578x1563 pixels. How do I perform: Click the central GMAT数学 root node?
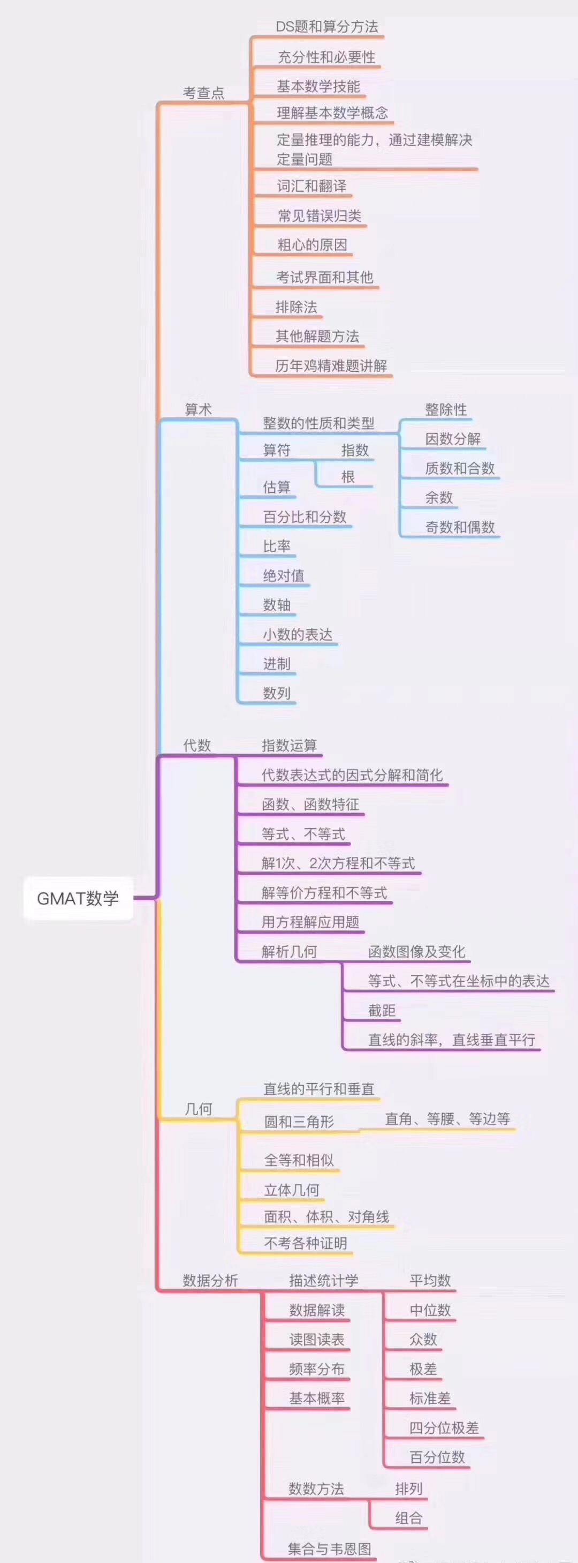[78, 898]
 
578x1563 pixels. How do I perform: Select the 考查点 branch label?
[204, 93]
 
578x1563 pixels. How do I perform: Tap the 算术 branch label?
[199, 410]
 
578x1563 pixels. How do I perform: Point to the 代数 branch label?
[197, 745]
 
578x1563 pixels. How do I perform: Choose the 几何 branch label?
[199, 1109]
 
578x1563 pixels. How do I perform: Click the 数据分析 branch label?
[210, 1280]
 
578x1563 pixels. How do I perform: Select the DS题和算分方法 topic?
[327, 27]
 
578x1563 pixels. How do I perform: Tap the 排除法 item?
[296, 307]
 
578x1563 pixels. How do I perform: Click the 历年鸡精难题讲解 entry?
[331, 366]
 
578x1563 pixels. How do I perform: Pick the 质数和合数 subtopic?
[460, 468]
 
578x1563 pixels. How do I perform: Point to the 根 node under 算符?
[347, 477]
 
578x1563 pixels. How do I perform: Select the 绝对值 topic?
[284, 575]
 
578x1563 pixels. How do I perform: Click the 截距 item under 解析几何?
[382, 1010]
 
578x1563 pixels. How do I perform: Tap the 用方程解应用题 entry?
[310, 922]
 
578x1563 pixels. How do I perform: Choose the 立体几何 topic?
[292, 1190]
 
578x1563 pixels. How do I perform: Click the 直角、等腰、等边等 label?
[447, 1119]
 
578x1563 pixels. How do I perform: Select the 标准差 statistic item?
[430, 1399]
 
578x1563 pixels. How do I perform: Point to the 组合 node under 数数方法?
[409, 1518]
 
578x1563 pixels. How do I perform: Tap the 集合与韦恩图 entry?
[329, 1548]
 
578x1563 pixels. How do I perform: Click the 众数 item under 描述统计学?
[423, 1339]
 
